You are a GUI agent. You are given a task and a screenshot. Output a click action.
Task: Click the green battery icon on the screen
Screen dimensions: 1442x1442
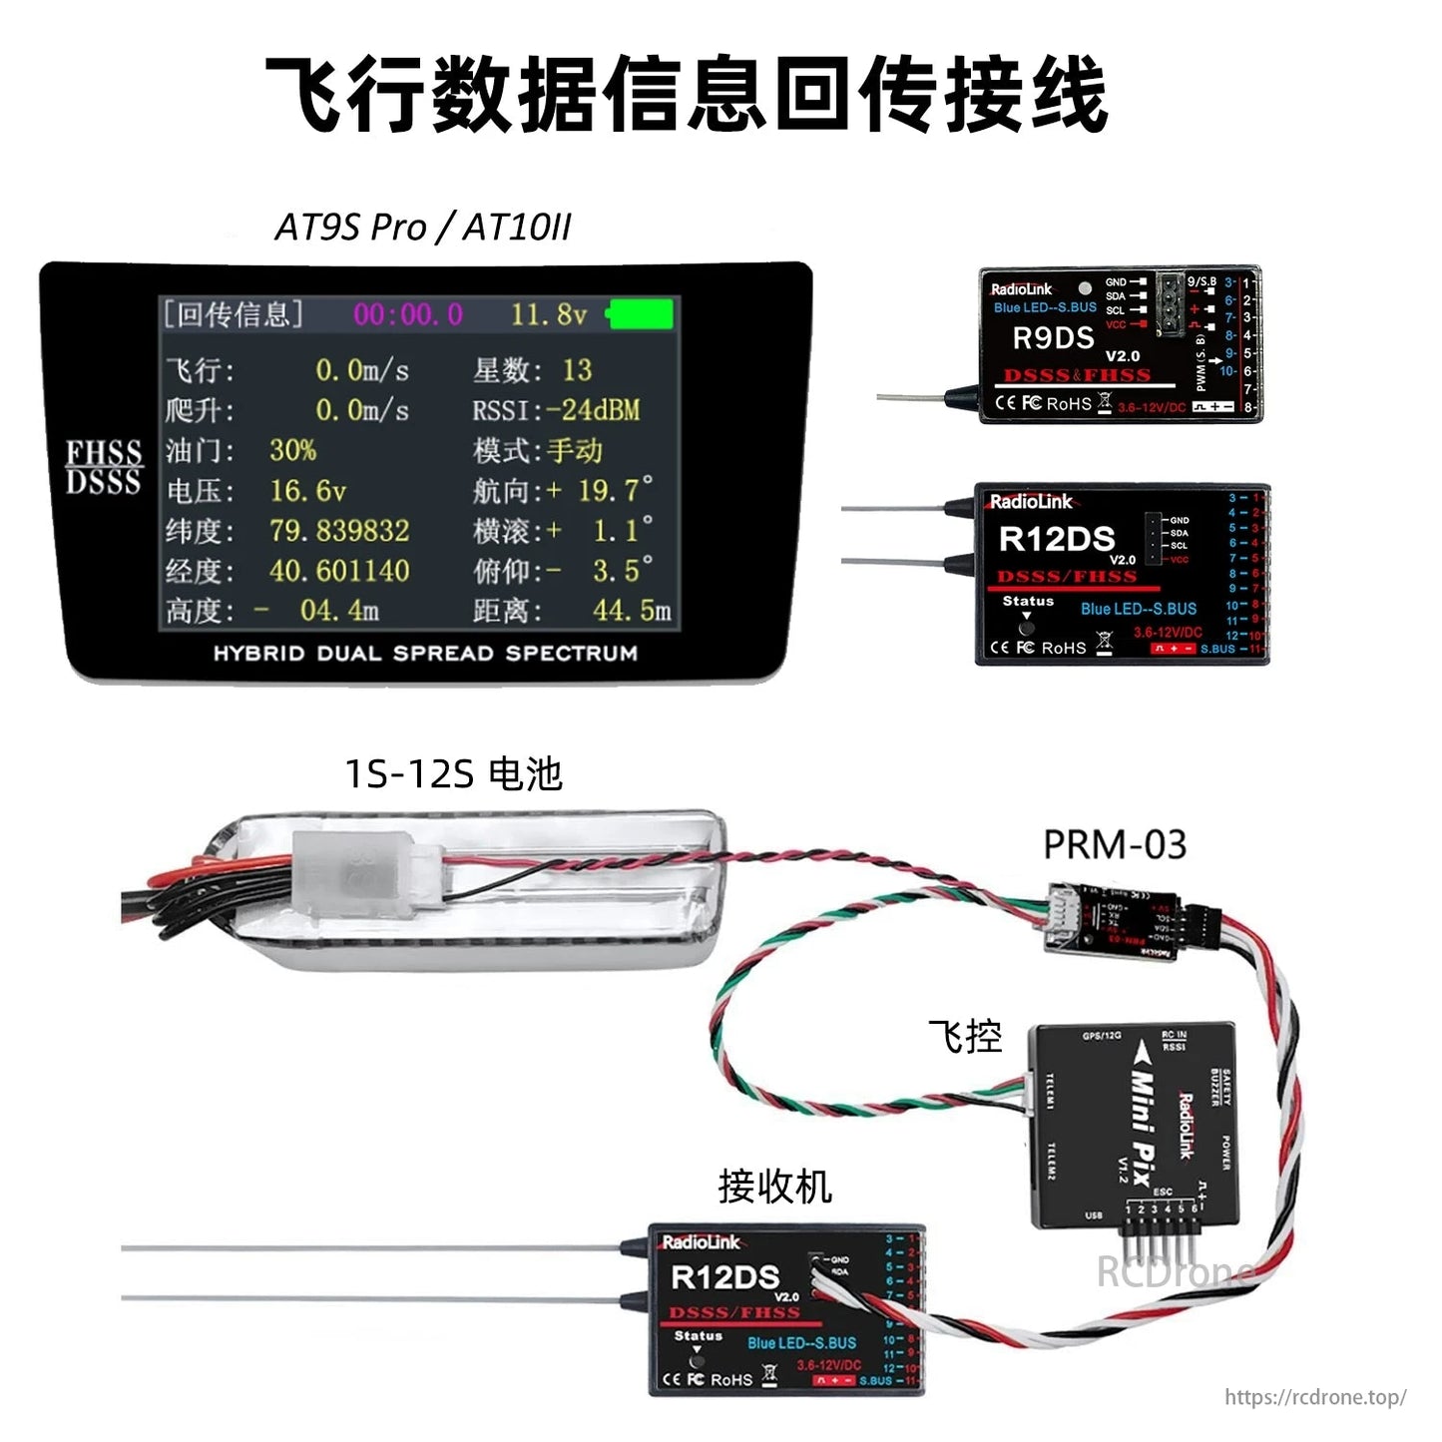(x=640, y=314)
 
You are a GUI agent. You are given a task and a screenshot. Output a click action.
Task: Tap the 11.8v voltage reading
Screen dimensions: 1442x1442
(x=548, y=315)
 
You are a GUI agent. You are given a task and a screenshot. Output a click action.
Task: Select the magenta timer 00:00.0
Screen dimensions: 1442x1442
(x=408, y=315)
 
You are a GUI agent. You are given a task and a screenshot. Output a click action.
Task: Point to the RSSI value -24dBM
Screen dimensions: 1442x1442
(x=593, y=410)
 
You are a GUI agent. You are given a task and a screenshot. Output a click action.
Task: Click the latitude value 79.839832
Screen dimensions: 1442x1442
(x=339, y=531)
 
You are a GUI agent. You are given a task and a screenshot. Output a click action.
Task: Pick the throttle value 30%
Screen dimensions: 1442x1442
(x=292, y=450)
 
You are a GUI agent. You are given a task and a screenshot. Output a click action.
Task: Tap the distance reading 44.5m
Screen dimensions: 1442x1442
(x=631, y=611)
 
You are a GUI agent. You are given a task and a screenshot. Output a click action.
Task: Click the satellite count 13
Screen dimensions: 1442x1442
(x=577, y=370)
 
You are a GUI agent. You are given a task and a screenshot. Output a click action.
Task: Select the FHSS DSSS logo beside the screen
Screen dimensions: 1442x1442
(x=104, y=467)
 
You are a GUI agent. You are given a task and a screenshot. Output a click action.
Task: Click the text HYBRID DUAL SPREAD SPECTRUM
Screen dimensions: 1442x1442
(x=425, y=654)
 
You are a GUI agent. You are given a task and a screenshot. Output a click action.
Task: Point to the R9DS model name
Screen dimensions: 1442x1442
(x=1053, y=338)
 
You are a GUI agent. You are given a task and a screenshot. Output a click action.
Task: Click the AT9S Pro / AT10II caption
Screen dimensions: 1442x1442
(x=423, y=228)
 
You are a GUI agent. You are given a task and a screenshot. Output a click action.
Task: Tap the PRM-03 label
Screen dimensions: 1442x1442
(x=1115, y=845)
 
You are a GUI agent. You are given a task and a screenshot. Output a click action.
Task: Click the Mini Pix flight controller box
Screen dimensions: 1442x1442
(x=1134, y=1123)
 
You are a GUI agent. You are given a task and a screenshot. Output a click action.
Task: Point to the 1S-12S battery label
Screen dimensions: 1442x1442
(x=453, y=773)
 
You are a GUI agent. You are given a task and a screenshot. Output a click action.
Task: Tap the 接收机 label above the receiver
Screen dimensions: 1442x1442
(x=774, y=1187)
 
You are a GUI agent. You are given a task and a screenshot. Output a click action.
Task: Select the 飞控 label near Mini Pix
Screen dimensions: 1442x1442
(x=964, y=1037)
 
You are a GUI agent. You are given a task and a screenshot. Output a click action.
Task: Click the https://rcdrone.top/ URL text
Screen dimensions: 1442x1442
(x=1315, y=1397)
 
